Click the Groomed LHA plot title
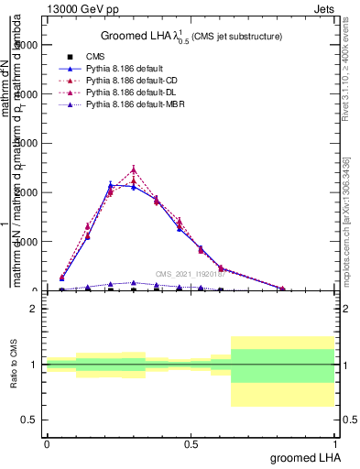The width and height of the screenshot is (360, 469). (x=191, y=36)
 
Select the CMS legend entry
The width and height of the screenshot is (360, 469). (x=108, y=57)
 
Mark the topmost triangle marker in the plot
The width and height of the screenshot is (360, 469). (x=134, y=169)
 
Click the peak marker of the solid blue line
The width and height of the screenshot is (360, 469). (x=111, y=184)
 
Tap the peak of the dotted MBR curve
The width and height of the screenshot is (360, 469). (x=134, y=283)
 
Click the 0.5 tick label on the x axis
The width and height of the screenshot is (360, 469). (x=191, y=443)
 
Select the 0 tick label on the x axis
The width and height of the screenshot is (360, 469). (x=47, y=443)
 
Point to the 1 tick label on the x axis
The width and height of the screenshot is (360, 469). (x=334, y=443)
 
